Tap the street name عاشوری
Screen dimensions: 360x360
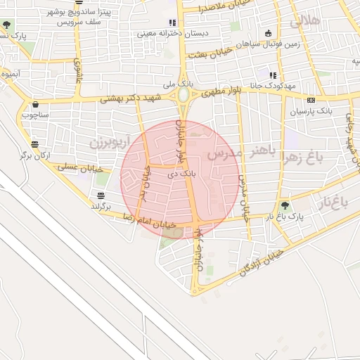[78, 68]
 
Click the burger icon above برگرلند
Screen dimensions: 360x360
[102, 195]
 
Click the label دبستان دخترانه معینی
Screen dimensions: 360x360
[134, 32]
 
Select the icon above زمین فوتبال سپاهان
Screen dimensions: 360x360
[268, 33]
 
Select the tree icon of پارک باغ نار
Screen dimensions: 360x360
[284, 206]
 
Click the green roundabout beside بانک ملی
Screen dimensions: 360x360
[184, 94]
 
